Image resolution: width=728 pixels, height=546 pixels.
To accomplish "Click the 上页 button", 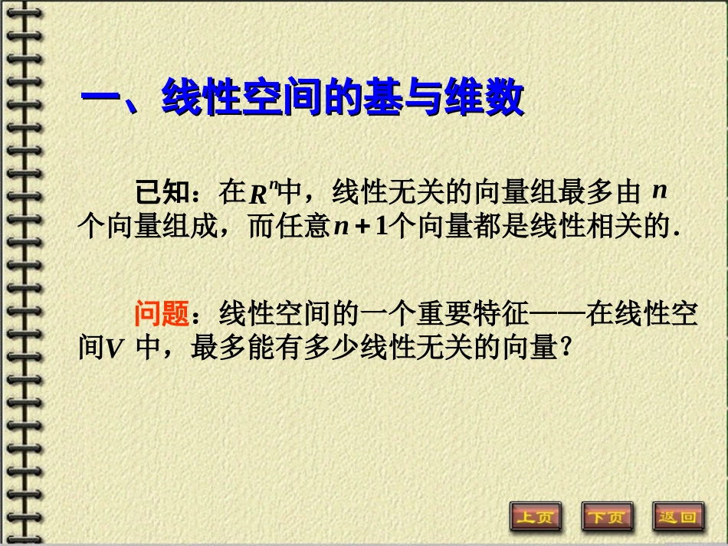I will click(536, 516).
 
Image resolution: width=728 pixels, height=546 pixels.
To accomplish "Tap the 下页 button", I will click(607, 516).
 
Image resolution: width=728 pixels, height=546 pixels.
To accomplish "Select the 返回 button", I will click(678, 516).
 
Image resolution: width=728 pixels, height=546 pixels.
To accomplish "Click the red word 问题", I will click(162, 314).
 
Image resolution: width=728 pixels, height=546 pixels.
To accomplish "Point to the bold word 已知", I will click(162, 191).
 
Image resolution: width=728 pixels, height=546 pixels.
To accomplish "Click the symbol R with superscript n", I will click(260, 193).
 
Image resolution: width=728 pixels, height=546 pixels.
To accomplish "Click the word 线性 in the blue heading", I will click(202, 99).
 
